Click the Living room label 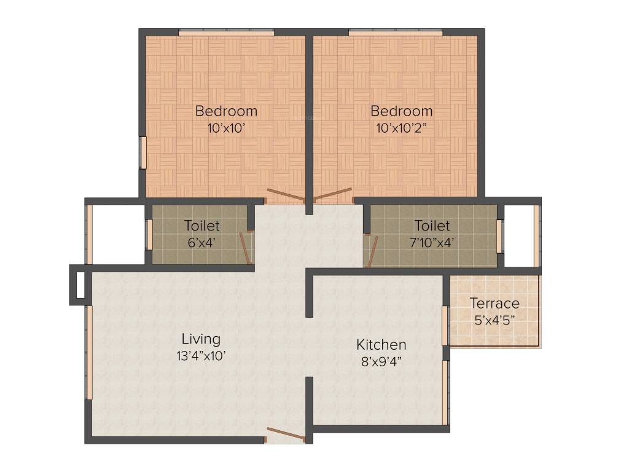coord(201,339)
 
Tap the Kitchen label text coord(381,344)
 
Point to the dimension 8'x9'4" coord(381,361)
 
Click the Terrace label coord(494,303)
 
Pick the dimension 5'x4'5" coord(494,320)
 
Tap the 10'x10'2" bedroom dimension coord(402,128)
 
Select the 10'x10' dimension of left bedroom coord(226,128)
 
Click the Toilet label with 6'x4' coord(201,226)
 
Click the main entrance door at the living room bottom coord(286,435)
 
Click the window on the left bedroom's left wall coord(143,152)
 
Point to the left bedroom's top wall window coord(226,32)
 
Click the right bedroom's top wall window coord(395,32)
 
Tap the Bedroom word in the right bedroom coord(402,111)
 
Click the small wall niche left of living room coord(77,285)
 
